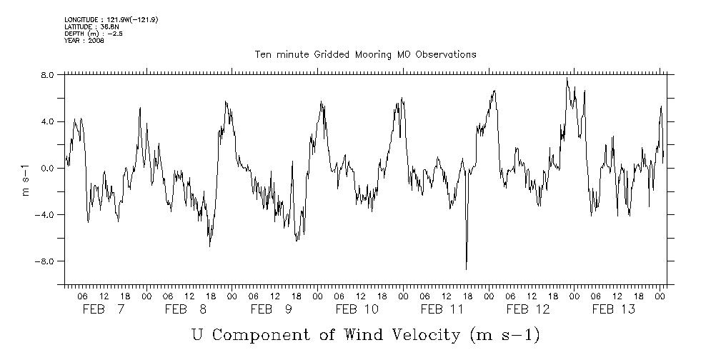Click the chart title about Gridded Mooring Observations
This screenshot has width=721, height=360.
pyautogui.click(x=365, y=54)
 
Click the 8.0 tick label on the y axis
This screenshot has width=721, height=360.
pyautogui.click(x=47, y=74)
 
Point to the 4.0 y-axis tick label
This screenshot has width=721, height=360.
pyautogui.click(x=47, y=121)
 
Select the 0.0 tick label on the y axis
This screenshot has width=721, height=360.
pyautogui.click(x=47, y=169)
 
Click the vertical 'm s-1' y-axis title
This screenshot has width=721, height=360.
pyautogui.click(x=26, y=179)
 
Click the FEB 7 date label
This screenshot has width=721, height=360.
pyautogui.click(x=104, y=309)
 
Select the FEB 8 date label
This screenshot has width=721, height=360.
pyautogui.click(x=186, y=309)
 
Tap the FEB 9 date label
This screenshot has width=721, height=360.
pyautogui.click(x=272, y=309)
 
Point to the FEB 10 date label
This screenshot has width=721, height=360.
pyautogui.click(x=357, y=309)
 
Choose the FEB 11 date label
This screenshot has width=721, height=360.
pyautogui.click(x=442, y=309)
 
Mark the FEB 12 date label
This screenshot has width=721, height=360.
pyautogui.click(x=528, y=309)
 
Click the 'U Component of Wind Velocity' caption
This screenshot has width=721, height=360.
pyautogui.click(x=364, y=335)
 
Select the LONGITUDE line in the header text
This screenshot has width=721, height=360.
pyautogui.click(x=111, y=19)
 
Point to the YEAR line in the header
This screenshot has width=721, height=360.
pyautogui.click(x=84, y=40)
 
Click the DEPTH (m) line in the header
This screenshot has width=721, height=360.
pyautogui.click(x=94, y=34)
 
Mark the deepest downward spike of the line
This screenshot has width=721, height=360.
pyautogui.click(x=466, y=269)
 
